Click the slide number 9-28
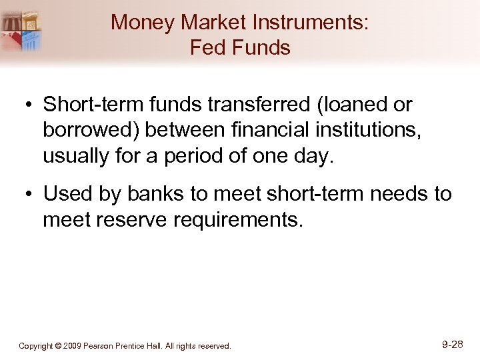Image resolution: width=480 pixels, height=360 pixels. tap(452, 345)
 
